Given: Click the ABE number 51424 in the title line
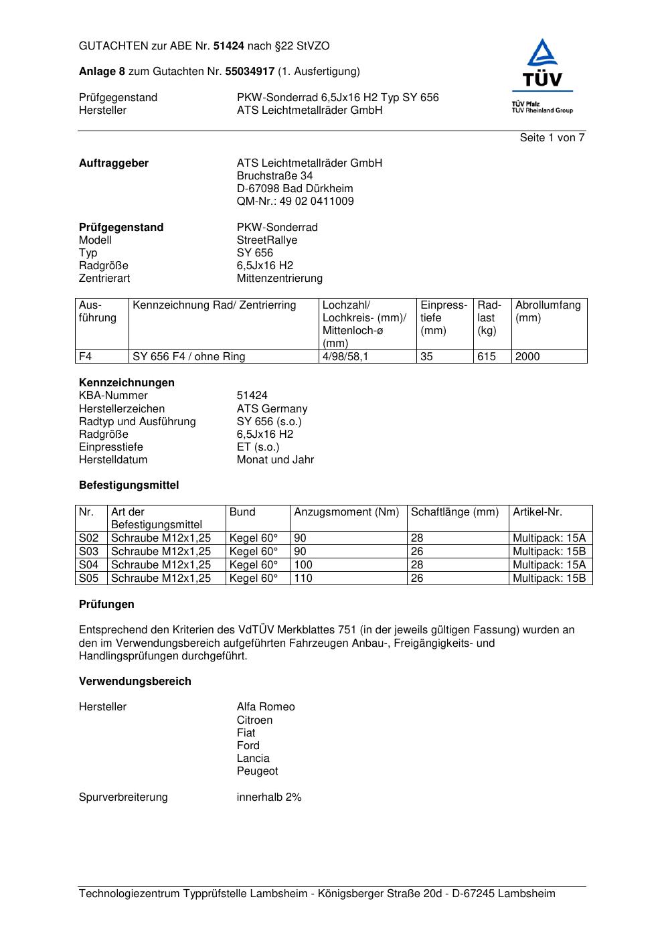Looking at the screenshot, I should (x=229, y=46).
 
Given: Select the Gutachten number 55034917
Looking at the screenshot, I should (x=250, y=71).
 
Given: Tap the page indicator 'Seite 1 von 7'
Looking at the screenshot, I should (x=552, y=138).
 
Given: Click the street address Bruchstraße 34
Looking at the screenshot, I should (x=274, y=176).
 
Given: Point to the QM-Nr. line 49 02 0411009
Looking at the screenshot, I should (x=295, y=202).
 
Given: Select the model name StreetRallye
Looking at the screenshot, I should (x=266, y=240).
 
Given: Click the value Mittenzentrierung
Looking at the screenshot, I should (x=279, y=279).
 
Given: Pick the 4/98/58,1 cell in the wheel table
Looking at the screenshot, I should (x=345, y=357).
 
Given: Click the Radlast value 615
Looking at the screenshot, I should (x=487, y=357).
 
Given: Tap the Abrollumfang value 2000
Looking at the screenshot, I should (x=527, y=357).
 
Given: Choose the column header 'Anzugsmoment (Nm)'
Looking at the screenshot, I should (x=346, y=512).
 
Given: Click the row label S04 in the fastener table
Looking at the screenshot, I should (x=89, y=565).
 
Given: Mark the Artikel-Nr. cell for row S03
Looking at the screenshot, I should (x=549, y=552).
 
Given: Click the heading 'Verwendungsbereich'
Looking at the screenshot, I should (x=135, y=682).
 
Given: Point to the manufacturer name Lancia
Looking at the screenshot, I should (x=253, y=759).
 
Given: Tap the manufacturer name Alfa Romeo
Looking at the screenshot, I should (x=266, y=707).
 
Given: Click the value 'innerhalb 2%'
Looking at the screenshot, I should (x=269, y=797).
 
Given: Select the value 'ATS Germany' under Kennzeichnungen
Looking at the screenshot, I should (x=272, y=409).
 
